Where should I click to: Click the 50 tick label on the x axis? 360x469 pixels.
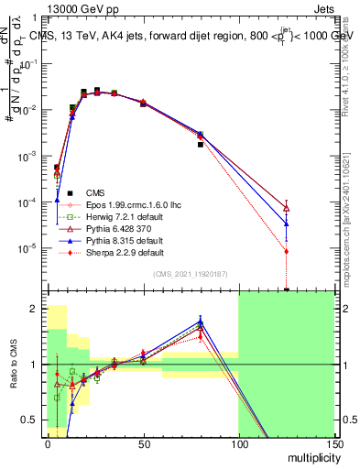[143, 442]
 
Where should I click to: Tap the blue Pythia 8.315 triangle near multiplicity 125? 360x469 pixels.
[287, 223]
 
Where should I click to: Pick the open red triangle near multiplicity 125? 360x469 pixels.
[287, 208]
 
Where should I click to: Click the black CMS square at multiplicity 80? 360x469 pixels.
[201, 145]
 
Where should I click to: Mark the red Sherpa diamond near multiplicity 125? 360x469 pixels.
[287, 251]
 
